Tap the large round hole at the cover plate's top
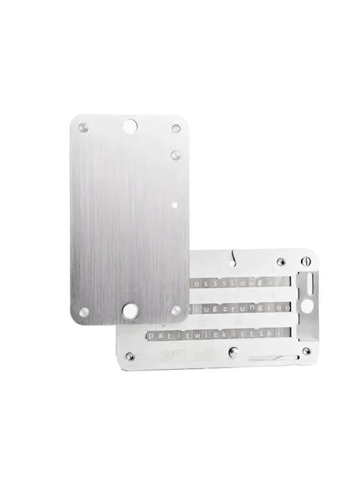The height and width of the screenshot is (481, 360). point(132,125)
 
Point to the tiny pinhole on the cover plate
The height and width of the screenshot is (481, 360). point(173,204)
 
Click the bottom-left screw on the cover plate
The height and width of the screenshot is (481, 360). point(84,311)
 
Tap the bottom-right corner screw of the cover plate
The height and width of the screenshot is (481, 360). point(176,310)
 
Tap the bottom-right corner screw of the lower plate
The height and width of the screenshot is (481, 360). point(306,351)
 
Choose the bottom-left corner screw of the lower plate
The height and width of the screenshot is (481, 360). point(130,357)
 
